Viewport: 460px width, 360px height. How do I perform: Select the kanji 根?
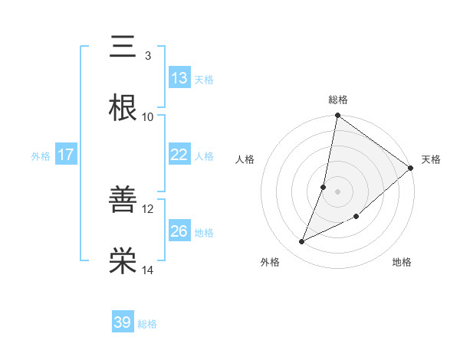click(x=122, y=108)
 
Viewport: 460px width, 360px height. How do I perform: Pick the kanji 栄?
click(x=122, y=261)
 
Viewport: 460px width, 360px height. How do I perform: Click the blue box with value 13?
click(x=179, y=78)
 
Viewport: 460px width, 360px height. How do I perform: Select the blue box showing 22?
click(x=179, y=155)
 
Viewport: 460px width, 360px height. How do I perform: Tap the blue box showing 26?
click(x=179, y=231)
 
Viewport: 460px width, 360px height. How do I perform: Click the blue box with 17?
click(x=66, y=155)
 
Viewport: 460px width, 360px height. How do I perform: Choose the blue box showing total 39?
click(x=123, y=322)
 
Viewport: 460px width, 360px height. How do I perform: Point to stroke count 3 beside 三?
click(x=147, y=56)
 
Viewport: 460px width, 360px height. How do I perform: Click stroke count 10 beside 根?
click(x=148, y=117)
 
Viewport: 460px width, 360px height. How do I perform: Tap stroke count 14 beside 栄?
click(x=148, y=270)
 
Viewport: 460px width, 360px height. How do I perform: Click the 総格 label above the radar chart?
click(x=338, y=100)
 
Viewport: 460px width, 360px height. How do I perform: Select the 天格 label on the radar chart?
click(x=431, y=159)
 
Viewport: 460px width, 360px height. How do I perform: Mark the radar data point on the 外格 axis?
click(x=302, y=242)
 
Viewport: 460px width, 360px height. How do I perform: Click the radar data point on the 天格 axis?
click(x=411, y=169)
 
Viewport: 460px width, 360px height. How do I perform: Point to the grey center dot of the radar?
click(x=338, y=191)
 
